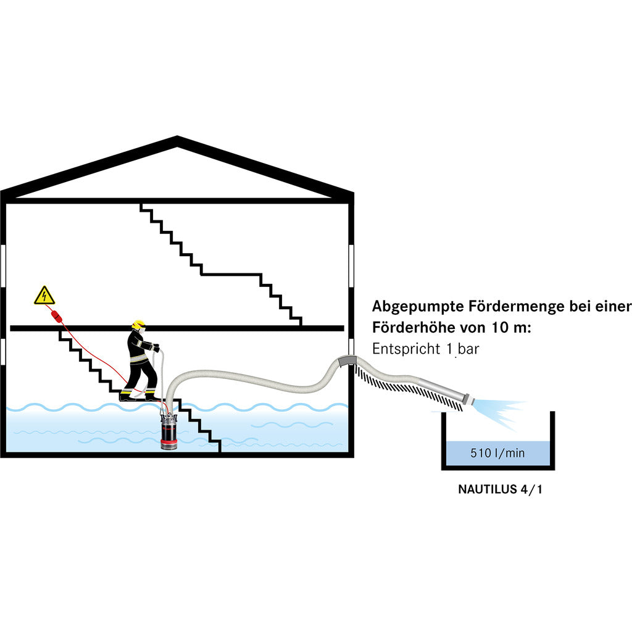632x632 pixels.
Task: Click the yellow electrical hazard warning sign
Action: (x=44, y=297)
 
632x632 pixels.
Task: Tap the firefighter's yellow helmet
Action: (x=138, y=324)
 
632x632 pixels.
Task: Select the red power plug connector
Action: (x=56, y=316)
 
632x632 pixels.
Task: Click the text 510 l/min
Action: (x=497, y=454)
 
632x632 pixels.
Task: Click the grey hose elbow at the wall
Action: (x=346, y=360)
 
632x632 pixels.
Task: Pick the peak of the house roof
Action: (x=178, y=140)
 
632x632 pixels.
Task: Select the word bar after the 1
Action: (x=468, y=349)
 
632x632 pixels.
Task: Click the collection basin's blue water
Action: (x=497, y=457)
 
